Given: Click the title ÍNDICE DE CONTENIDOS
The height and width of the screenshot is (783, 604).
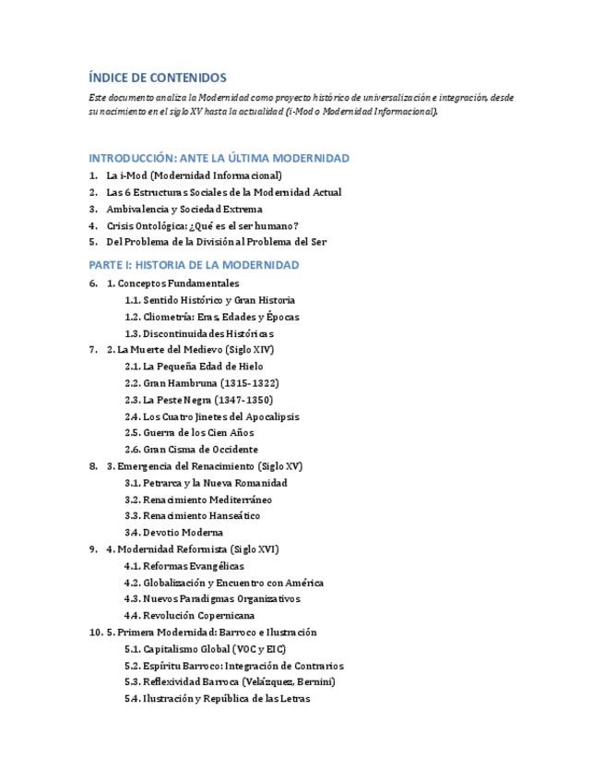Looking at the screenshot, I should pos(157,78).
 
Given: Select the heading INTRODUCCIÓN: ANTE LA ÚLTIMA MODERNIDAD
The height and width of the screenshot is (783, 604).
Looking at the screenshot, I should pos(219,158).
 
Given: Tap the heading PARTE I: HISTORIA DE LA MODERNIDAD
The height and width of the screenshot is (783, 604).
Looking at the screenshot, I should pos(194,265).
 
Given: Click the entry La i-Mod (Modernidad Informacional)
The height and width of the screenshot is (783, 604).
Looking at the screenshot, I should pos(194,175).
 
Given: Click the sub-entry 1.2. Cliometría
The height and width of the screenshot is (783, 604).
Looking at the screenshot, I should pos(211,317).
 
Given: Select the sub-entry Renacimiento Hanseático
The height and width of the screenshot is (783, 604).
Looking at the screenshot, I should pos(192,516).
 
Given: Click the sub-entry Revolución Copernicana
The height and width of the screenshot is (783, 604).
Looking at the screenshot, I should pos(190,616).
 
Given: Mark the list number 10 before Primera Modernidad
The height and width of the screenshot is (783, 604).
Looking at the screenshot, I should pos(95,632).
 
